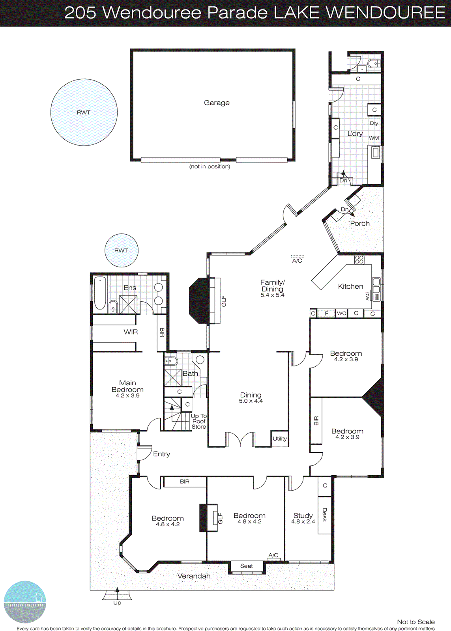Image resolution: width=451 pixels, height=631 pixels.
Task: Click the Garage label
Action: click(217, 103)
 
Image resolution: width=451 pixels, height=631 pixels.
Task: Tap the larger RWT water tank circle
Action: click(84, 112)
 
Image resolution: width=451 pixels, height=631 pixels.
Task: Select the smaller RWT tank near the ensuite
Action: click(121, 250)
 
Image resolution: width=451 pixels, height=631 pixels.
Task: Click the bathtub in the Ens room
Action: click(100, 293)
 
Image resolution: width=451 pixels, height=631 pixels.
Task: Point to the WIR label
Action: click(131, 332)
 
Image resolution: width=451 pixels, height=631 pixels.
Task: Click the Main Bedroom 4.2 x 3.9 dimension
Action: click(127, 396)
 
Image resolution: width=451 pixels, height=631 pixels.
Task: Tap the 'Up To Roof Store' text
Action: click(199, 421)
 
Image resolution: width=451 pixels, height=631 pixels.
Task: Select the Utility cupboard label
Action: click(280, 439)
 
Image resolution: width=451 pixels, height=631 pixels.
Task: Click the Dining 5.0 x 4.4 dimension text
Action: click(251, 401)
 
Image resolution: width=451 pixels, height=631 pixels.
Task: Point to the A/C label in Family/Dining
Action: click(297, 261)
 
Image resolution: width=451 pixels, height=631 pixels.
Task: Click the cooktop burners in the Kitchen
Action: click(359, 260)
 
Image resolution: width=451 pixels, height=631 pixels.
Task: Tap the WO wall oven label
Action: click(341, 314)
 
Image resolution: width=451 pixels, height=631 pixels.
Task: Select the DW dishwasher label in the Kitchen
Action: click(368, 296)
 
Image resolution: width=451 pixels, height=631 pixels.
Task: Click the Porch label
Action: click(360, 224)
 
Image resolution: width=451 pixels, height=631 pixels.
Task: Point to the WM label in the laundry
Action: click(374, 138)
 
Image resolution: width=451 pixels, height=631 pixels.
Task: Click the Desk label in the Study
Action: click(324, 515)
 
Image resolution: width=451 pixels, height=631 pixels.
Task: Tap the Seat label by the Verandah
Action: click(247, 566)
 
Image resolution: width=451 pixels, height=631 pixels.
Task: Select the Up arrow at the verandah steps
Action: click(117, 590)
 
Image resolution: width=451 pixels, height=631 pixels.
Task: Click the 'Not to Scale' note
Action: click(415, 622)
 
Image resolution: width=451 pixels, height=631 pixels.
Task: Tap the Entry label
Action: click(161, 454)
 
